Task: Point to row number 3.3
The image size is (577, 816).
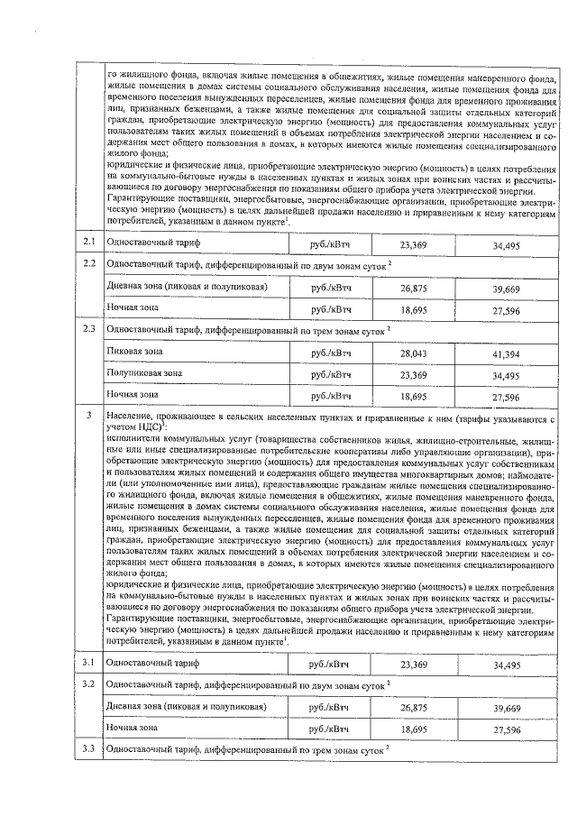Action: (88, 749)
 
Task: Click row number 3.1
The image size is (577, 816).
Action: (88, 664)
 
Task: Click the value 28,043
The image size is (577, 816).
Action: (413, 354)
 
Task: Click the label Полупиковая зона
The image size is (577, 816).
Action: (144, 372)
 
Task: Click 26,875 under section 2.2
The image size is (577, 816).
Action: (413, 289)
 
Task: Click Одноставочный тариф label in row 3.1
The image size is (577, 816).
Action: (152, 664)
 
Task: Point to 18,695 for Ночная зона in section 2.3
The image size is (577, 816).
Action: (413, 396)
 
